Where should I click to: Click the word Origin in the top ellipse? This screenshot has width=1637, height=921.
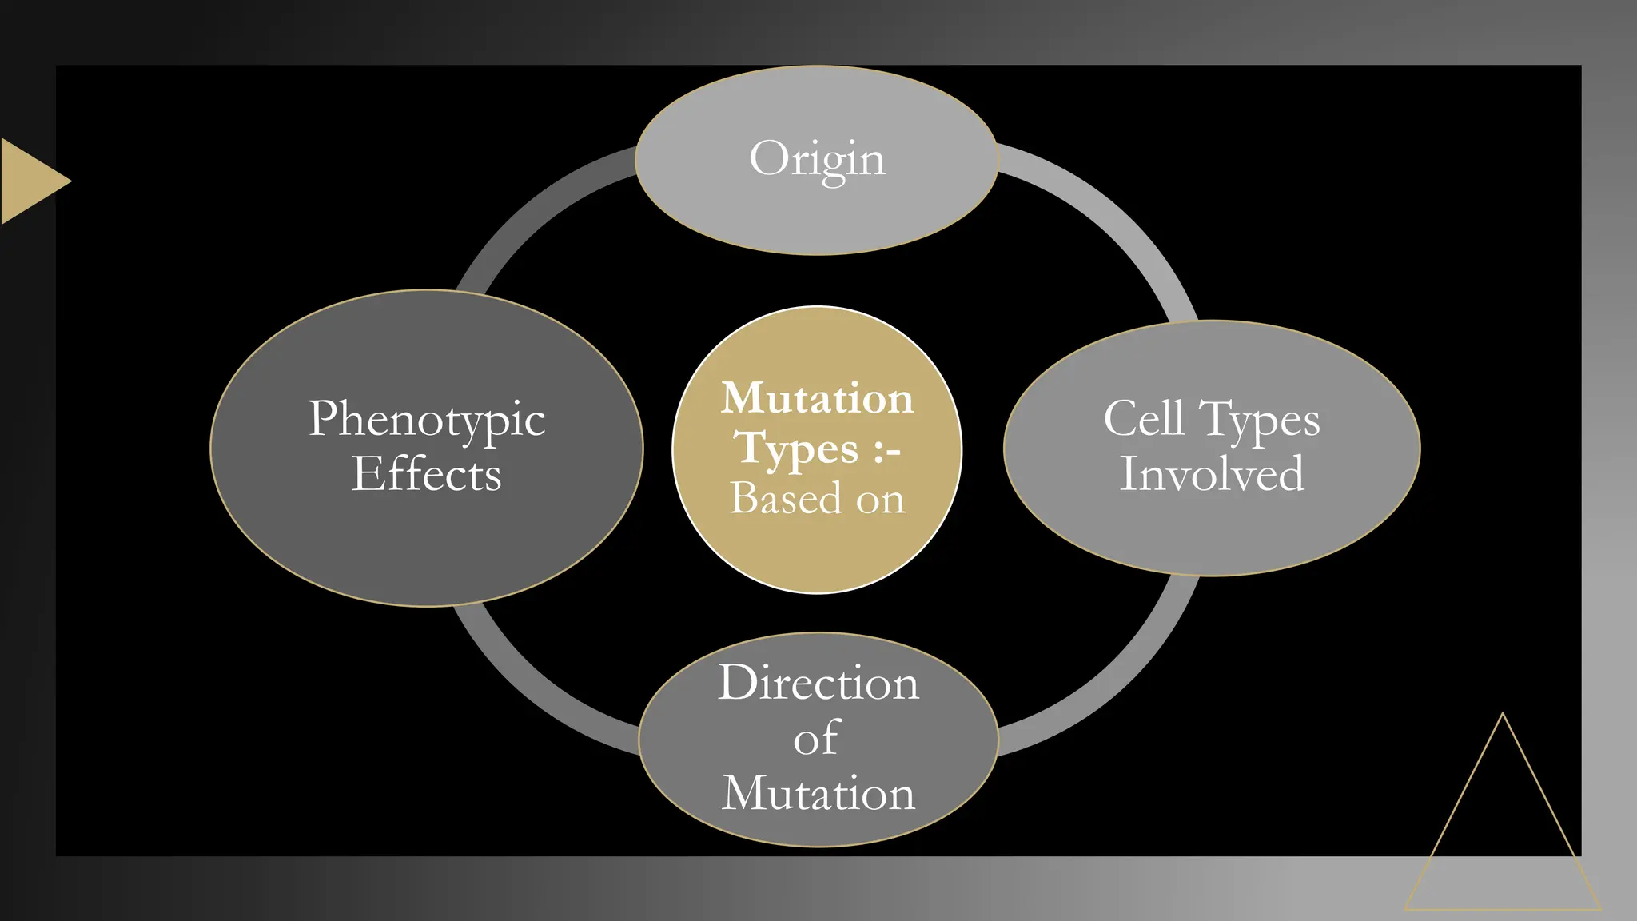(x=817, y=159)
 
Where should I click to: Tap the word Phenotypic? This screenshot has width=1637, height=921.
(x=427, y=419)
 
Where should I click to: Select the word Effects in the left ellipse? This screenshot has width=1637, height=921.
(x=427, y=474)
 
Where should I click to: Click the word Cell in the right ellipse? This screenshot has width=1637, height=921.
(x=1144, y=418)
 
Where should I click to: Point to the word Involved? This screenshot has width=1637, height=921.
(x=1212, y=473)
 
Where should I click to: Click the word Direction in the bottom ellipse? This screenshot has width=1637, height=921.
(x=818, y=683)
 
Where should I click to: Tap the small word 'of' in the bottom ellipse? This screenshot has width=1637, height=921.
(x=816, y=738)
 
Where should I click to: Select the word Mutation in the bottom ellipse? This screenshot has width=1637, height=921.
(x=818, y=793)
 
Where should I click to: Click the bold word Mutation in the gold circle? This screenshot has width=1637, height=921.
(x=817, y=398)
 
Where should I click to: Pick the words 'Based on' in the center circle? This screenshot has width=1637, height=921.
(x=817, y=499)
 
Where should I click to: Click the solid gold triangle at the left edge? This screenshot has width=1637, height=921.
(x=28, y=181)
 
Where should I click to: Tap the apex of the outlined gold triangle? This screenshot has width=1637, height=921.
(x=1503, y=716)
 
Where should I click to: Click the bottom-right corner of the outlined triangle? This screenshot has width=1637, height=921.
(x=1599, y=908)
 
